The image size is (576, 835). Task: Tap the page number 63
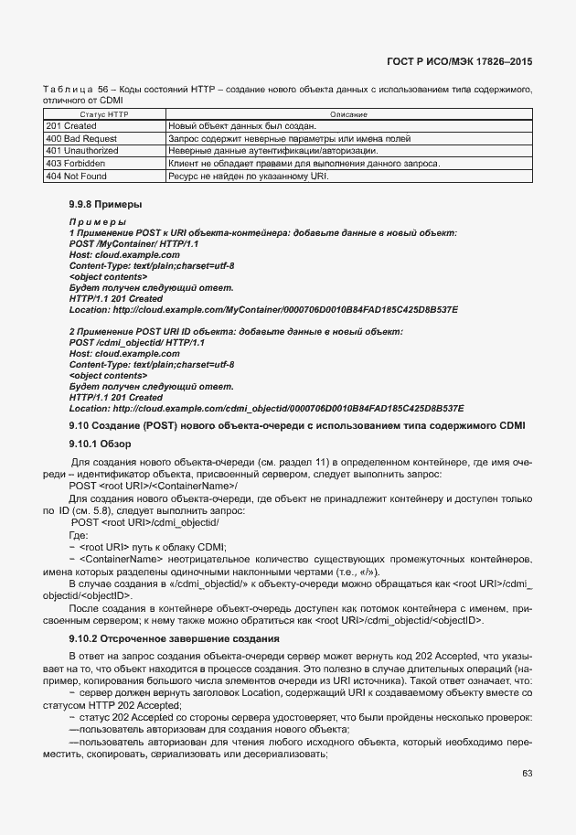pyautogui.click(x=527, y=774)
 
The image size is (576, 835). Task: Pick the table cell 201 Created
pyautogui.click(x=71, y=126)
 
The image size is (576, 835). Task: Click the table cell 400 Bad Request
pyautogui.click(x=81, y=138)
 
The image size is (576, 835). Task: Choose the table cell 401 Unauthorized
pyautogui.click(x=82, y=150)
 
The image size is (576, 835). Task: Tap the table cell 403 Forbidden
pyautogui.click(x=76, y=163)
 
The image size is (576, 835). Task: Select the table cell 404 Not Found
pyautogui.click(x=77, y=175)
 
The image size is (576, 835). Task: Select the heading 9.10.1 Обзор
pyautogui.click(x=101, y=444)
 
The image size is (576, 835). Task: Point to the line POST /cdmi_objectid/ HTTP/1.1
pyautogui.click(x=137, y=342)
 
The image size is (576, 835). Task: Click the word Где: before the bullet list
pyautogui.click(x=80, y=535)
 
